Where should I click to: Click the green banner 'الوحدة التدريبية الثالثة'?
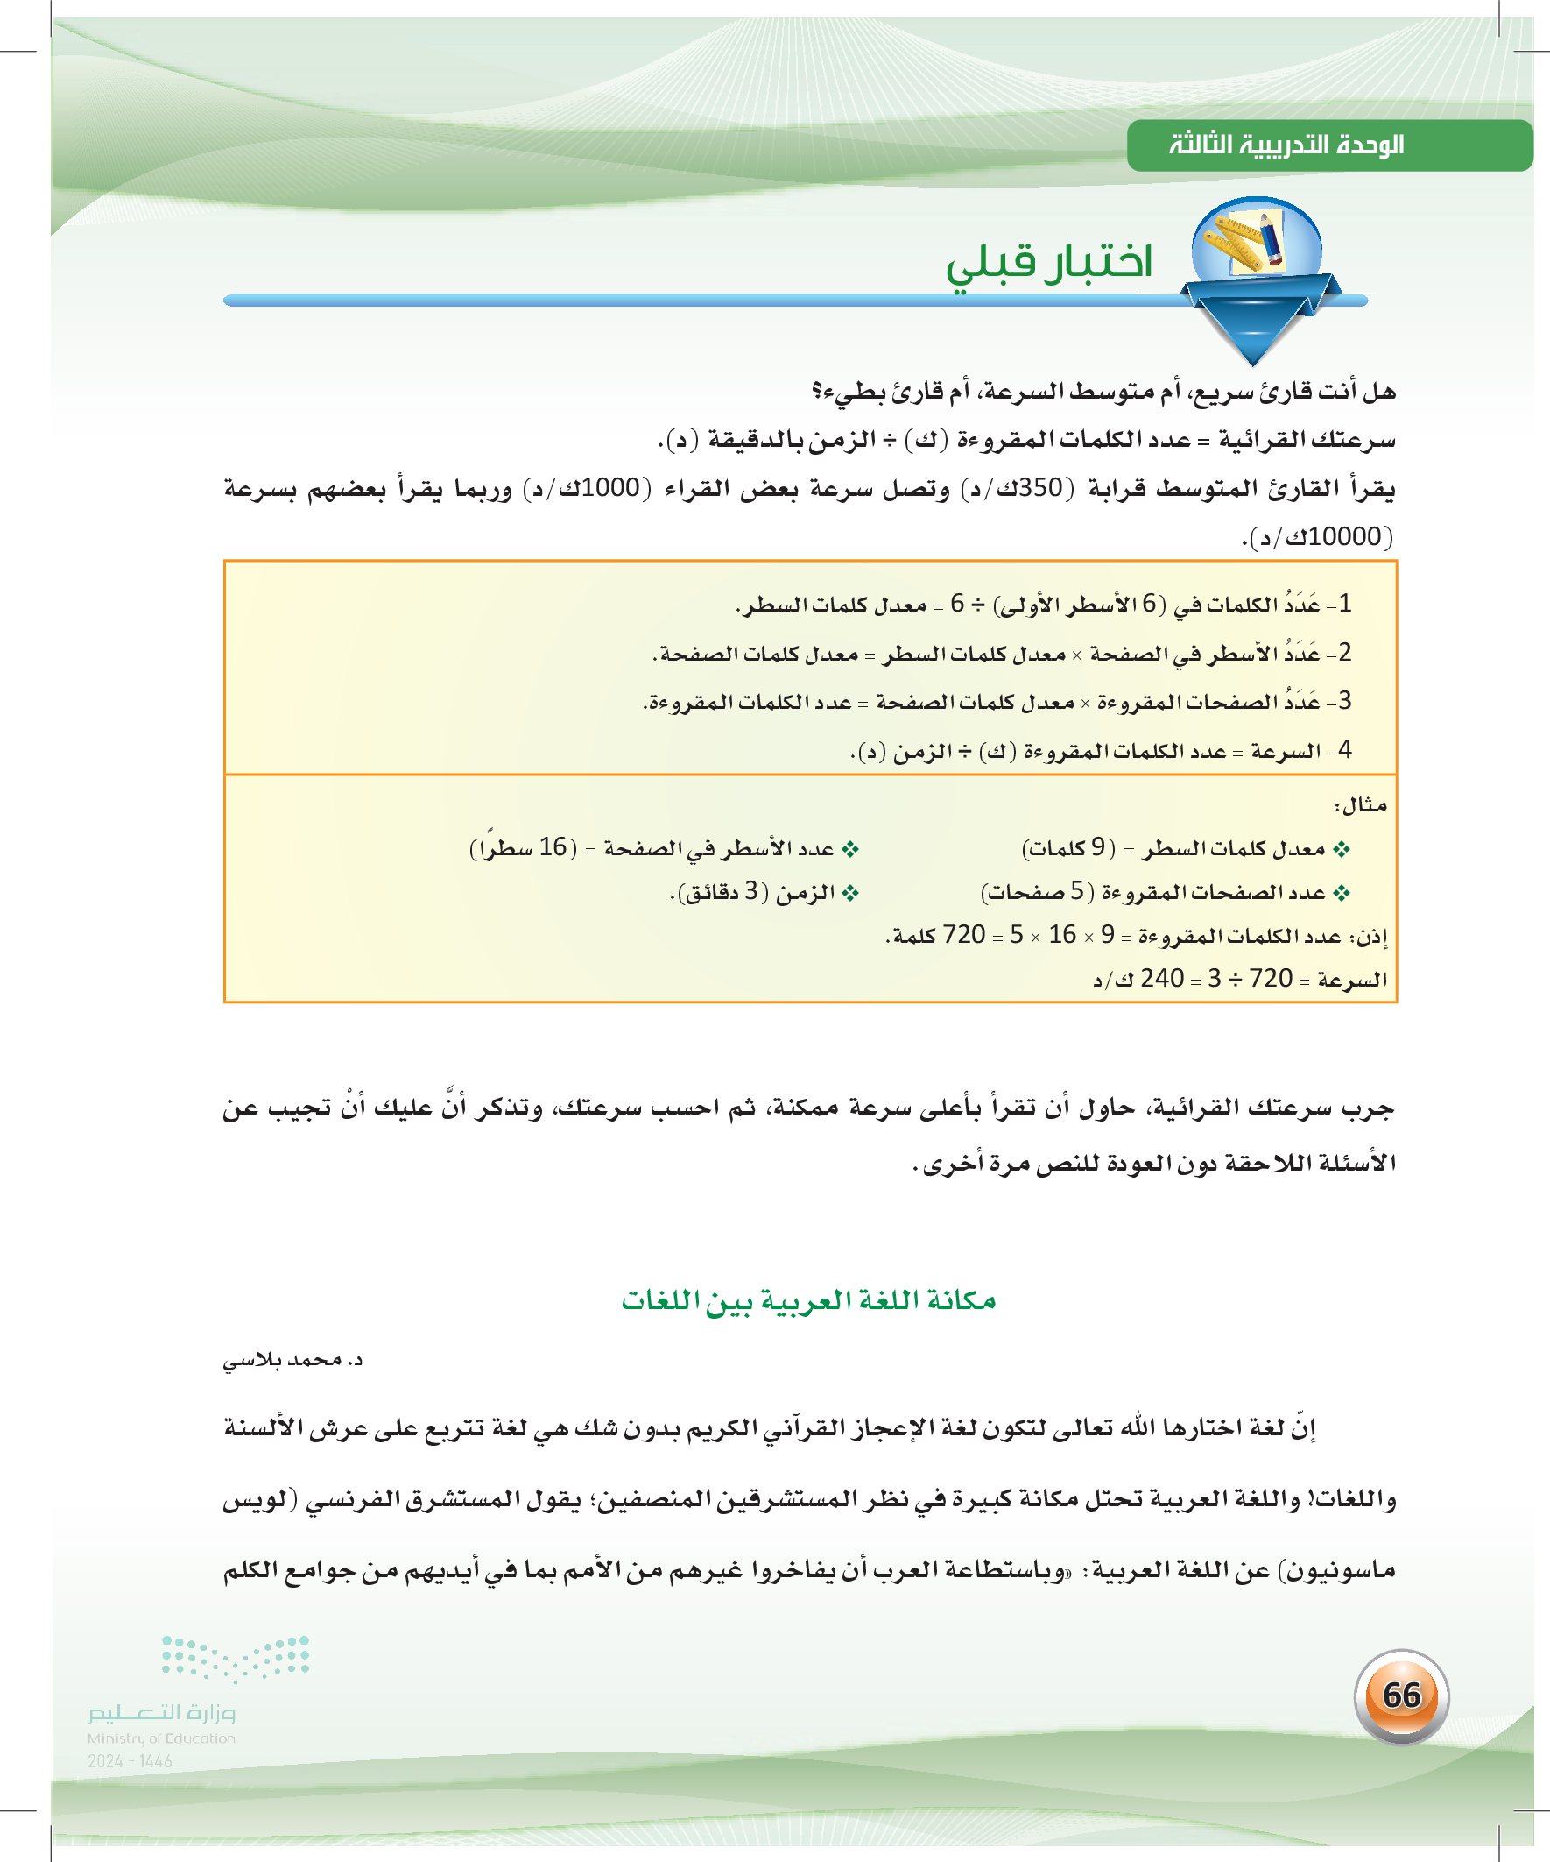pyautogui.click(x=1286, y=145)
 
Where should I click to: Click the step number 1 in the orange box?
pyautogui.click(x=1344, y=604)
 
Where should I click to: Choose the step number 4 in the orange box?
pyautogui.click(x=1344, y=750)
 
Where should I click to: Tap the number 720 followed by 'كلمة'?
pyautogui.click(x=964, y=935)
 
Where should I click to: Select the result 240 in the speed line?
pyautogui.click(x=1162, y=978)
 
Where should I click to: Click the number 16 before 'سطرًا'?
pyautogui.click(x=553, y=847)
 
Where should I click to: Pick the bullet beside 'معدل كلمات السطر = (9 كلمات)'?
pyautogui.click(x=1342, y=849)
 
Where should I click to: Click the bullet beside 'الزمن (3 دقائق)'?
pyautogui.click(x=851, y=893)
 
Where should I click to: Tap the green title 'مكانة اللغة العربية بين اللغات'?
pyautogui.click(x=808, y=1300)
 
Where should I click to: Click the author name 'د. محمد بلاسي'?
pyautogui.click(x=292, y=1360)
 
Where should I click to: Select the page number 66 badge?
pyautogui.click(x=1401, y=1696)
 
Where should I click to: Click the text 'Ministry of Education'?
pyautogui.click(x=161, y=1738)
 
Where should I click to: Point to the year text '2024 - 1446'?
pyautogui.click(x=130, y=1761)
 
